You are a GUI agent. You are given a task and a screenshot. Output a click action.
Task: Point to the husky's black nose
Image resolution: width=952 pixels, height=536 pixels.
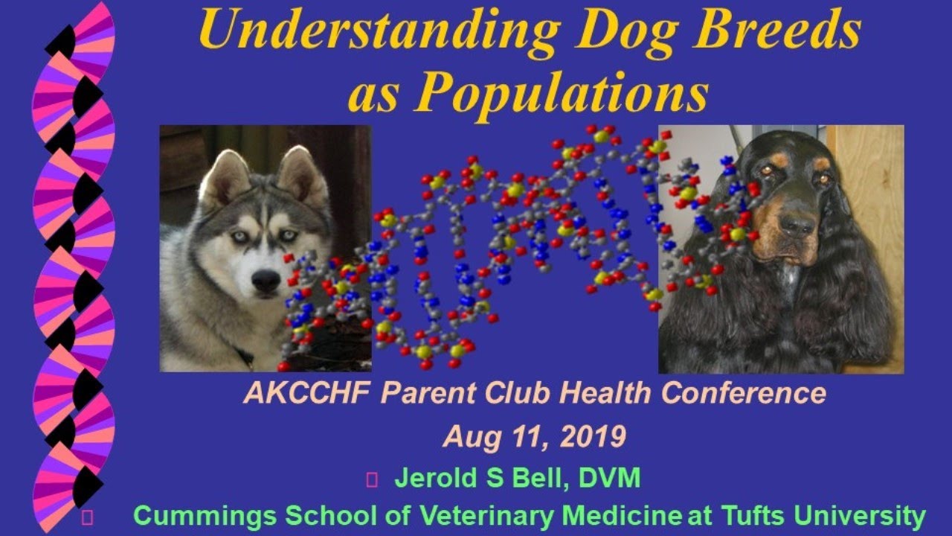pyautogui.click(x=266, y=280)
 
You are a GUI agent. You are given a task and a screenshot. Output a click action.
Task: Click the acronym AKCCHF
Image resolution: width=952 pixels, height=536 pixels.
pyautogui.click(x=306, y=393)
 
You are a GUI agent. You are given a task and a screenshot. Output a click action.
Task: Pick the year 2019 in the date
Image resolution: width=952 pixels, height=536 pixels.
pyautogui.click(x=594, y=437)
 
